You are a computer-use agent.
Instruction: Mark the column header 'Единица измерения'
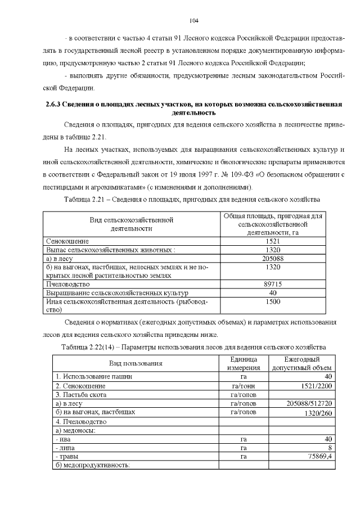tap(244, 363)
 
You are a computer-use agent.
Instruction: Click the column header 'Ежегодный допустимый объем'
tap(303, 363)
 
